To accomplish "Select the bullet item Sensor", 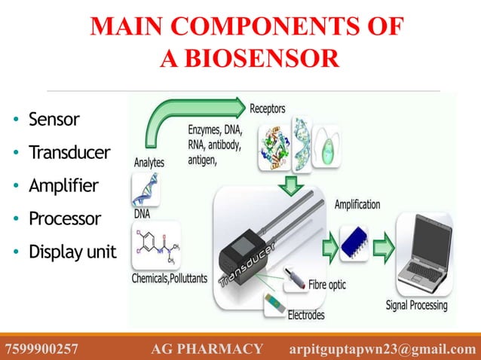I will click(54, 119).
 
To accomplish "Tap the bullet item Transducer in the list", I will click(69, 153).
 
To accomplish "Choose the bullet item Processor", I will click(64, 219).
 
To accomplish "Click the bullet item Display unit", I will click(72, 252).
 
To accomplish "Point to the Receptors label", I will click(268, 109).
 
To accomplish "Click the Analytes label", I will click(149, 162).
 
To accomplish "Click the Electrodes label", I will click(306, 315).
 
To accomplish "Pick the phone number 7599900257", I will click(41, 349).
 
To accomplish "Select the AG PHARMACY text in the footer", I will click(207, 349).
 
